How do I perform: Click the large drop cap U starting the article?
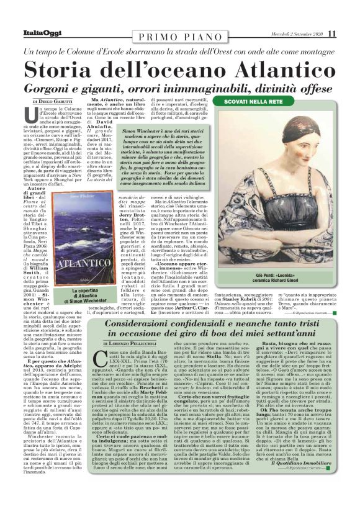pos(45,115)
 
